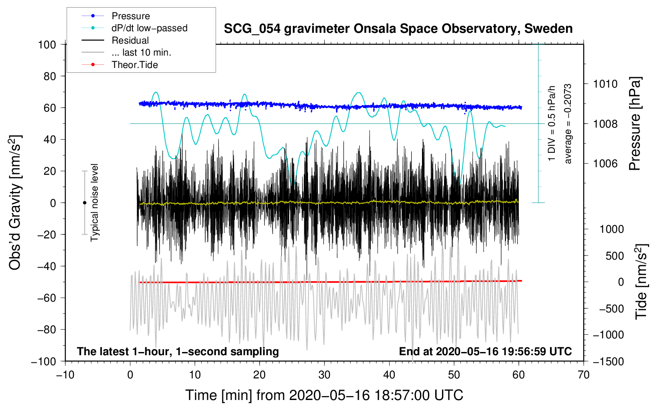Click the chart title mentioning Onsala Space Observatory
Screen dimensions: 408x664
(x=398, y=29)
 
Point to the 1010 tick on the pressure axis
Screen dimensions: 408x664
(x=605, y=84)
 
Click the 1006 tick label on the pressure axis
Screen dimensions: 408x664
(x=605, y=163)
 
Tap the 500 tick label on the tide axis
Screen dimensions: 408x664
(x=614, y=256)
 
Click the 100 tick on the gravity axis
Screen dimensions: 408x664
(x=47, y=44)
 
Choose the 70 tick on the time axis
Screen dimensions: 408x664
(x=583, y=375)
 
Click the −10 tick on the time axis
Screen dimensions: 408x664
(x=65, y=375)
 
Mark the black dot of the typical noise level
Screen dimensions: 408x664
(x=84, y=203)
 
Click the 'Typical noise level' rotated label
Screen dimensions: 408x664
(x=94, y=202)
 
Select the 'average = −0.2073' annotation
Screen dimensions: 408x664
(x=568, y=124)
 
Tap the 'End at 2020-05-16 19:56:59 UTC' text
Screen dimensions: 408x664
(x=485, y=351)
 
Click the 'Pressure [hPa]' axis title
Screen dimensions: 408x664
(x=635, y=124)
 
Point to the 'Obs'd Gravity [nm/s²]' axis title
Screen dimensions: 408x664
(x=15, y=202)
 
